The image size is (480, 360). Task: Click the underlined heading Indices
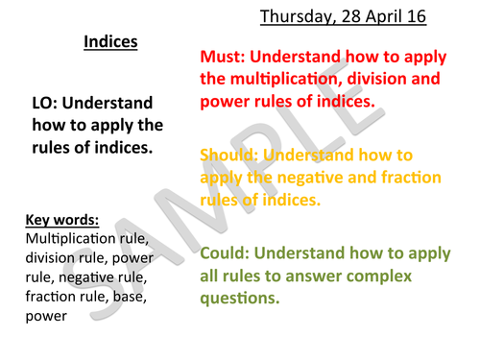(110, 42)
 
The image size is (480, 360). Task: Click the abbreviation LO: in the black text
(48, 103)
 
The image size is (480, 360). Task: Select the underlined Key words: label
(63, 218)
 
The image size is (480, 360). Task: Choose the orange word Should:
(229, 154)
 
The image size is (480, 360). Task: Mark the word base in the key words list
(128, 296)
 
